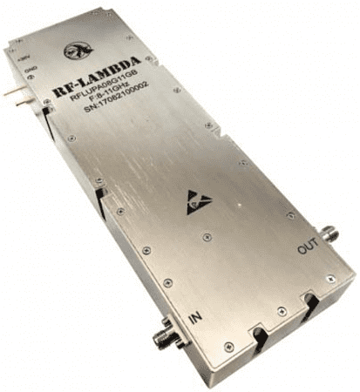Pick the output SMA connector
(x=330, y=233)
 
